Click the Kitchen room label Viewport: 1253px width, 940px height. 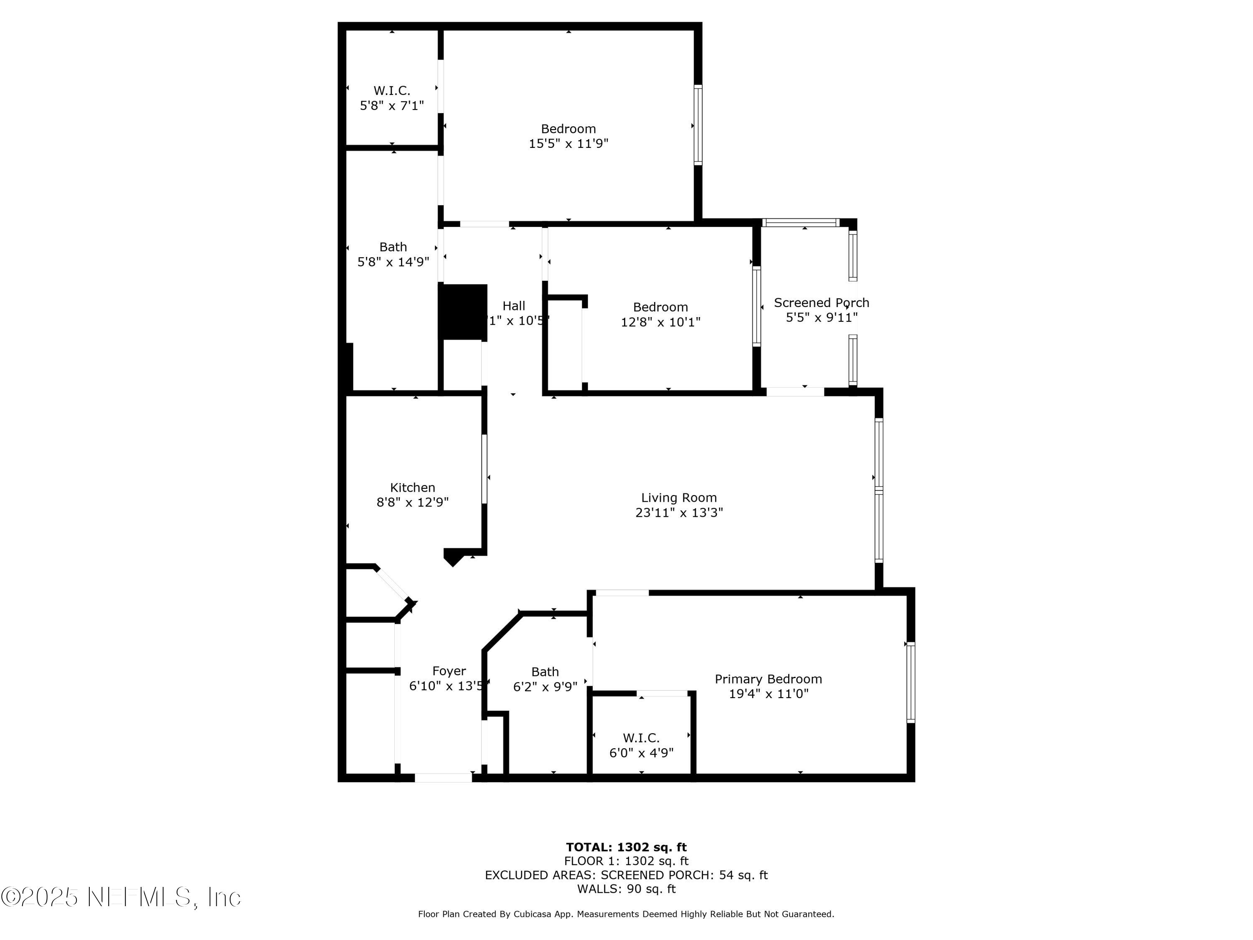tap(412, 487)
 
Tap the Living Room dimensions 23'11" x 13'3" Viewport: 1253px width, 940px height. tap(679, 512)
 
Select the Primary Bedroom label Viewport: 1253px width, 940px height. tap(768, 679)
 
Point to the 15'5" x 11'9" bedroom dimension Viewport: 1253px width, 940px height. tap(568, 143)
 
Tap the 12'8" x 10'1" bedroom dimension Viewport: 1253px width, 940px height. tap(660, 322)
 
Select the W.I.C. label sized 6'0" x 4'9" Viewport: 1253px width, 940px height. tap(641, 738)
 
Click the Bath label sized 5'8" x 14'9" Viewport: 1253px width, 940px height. tap(393, 247)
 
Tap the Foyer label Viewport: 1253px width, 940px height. tap(449, 671)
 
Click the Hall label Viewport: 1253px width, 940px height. tap(513, 306)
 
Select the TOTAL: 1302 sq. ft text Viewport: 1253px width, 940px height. tap(626, 847)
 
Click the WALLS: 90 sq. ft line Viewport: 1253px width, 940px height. tap(626, 889)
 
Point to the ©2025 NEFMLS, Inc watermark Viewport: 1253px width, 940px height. tap(121, 897)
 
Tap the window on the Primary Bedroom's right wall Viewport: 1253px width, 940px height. tap(910, 682)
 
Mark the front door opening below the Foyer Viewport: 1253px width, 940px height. tap(443, 778)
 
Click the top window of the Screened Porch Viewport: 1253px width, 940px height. tap(800, 223)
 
